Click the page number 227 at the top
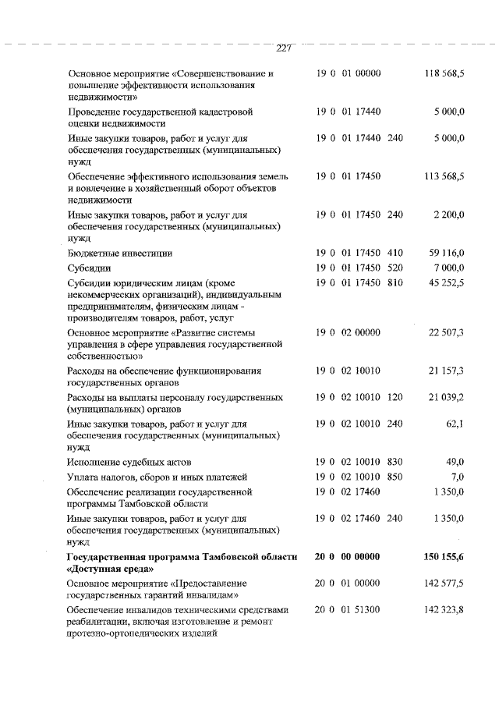coord(283,49)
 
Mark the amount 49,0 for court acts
coord(455,462)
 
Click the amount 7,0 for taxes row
coord(458,477)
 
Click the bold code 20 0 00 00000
coord(348,556)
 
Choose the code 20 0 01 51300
coord(348,608)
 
